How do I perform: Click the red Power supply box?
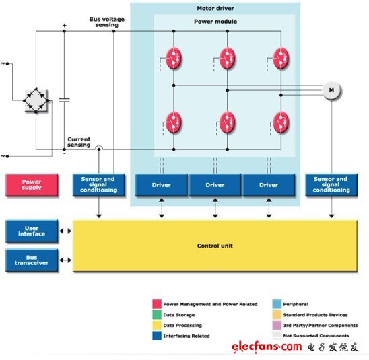point(32,185)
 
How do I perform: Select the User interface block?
point(32,231)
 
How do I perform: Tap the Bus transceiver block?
point(32,260)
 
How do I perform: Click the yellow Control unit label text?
point(215,246)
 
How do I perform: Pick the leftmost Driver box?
point(162,185)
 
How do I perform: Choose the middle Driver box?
point(215,185)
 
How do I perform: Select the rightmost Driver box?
point(269,185)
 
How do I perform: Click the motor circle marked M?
point(331,91)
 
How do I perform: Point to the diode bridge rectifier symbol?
point(36,101)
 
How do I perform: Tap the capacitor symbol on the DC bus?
point(64,100)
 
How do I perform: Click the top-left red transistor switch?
point(174,59)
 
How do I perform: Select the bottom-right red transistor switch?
point(281,122)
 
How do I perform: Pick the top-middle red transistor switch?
point(228,59)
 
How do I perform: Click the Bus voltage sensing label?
point(107,22)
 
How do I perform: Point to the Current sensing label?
point(79,142)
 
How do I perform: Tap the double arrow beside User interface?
point(65,231)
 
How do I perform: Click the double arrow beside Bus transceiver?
point(65,260)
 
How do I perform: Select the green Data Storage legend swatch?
point(157,315)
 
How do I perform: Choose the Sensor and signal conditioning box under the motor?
point(331,185)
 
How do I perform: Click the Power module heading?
point(215,22)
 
